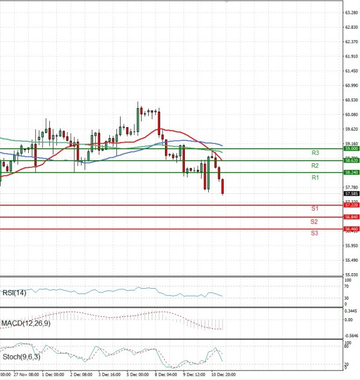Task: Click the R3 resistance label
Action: click(315, 153)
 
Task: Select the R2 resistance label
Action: click(315, 165)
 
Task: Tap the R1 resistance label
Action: click(315, 178)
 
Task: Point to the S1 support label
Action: click(314, 208)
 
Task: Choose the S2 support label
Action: click(314, 222)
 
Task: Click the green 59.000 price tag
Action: click(351, 148)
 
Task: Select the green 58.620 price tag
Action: click(351, 161)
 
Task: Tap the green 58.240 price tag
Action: click(351, 172)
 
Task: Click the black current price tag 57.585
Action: click(351, 194)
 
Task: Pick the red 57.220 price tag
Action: click(351, 205)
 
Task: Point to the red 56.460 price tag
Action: click(351, 229)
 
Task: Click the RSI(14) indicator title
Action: click(15, 293)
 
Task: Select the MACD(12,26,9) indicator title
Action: click(25, 324)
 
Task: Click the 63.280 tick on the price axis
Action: click(351, 12)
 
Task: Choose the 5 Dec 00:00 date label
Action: click(137, 373)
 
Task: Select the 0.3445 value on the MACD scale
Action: click(351, 311)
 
